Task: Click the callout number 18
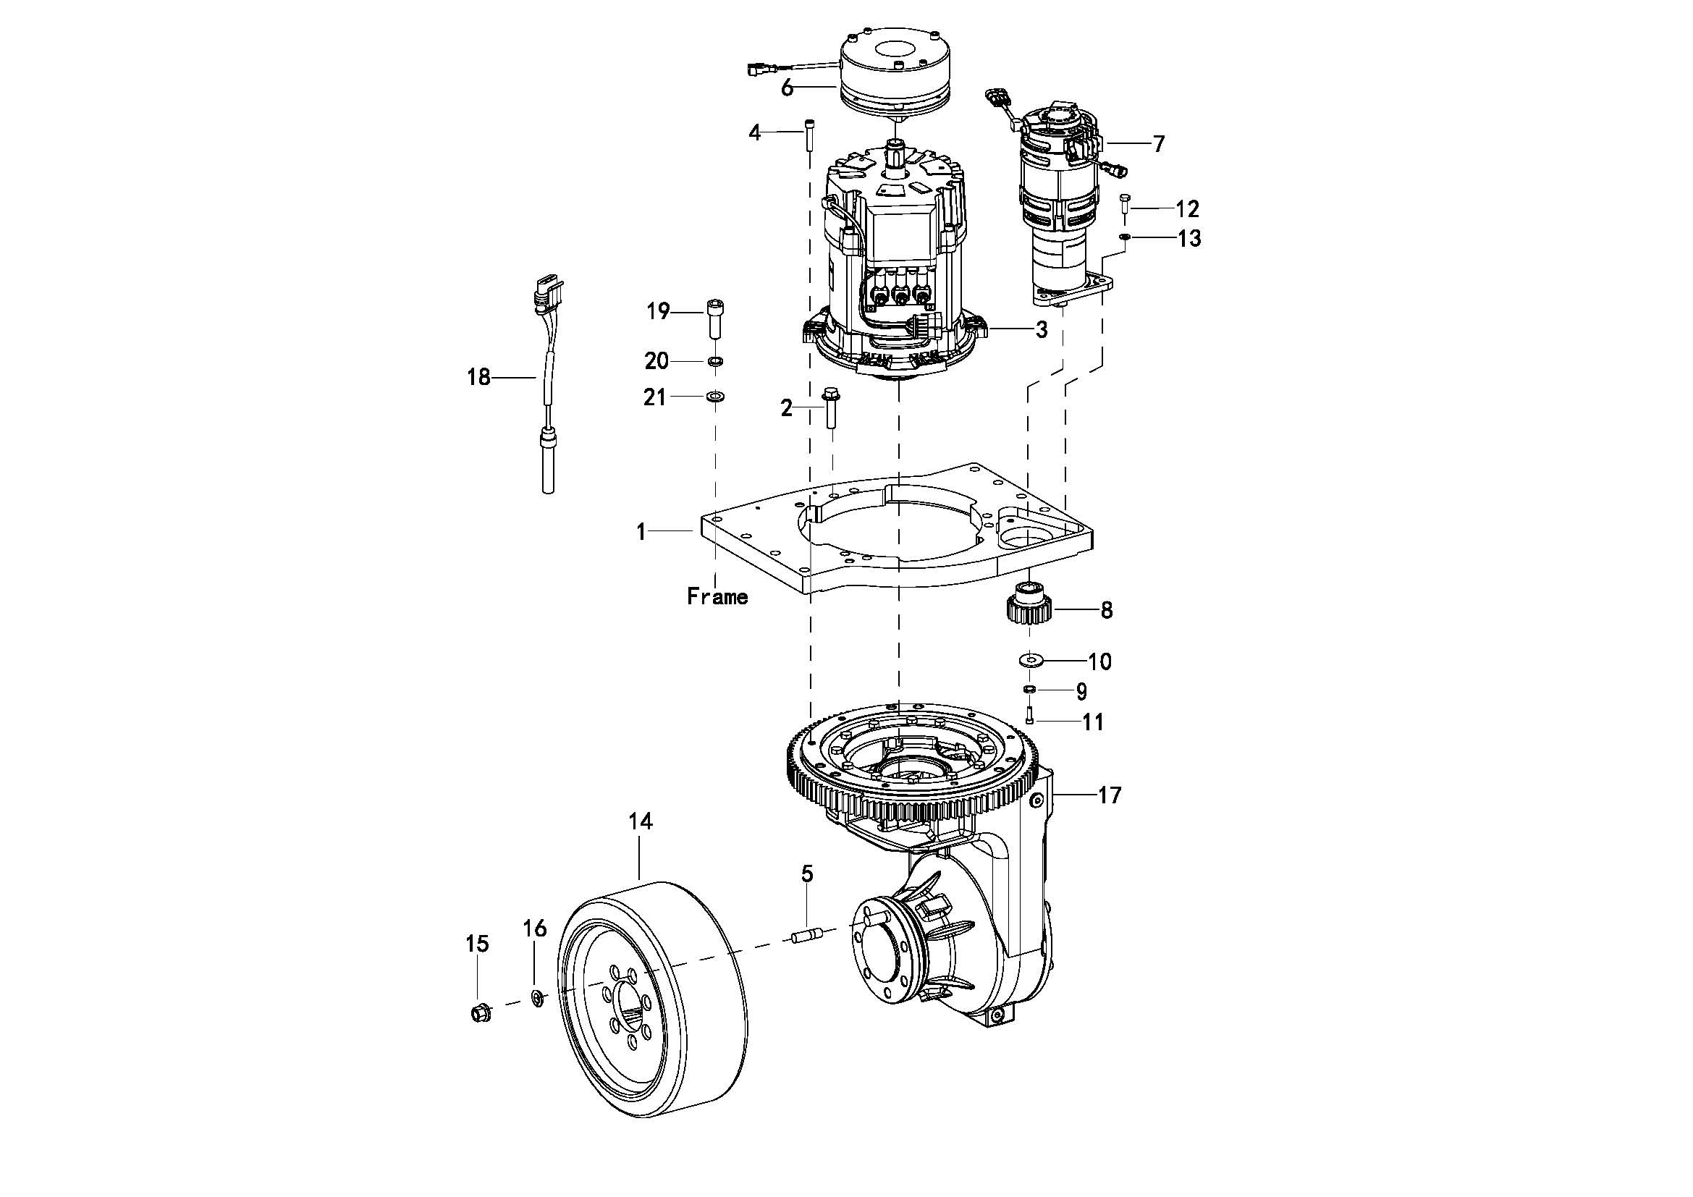[478, 377]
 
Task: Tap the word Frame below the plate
[717, 596]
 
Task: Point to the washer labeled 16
[538, 999]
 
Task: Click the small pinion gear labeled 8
[1029, 604]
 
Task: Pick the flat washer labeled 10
[1029, 657]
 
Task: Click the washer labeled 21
[715, 397]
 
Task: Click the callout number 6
[788, 88]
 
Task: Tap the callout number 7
[1158, 144]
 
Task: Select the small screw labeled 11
[1029, 715]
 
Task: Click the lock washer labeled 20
[715, 362]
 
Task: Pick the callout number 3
[1041, 329]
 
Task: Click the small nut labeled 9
[1029, 688]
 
